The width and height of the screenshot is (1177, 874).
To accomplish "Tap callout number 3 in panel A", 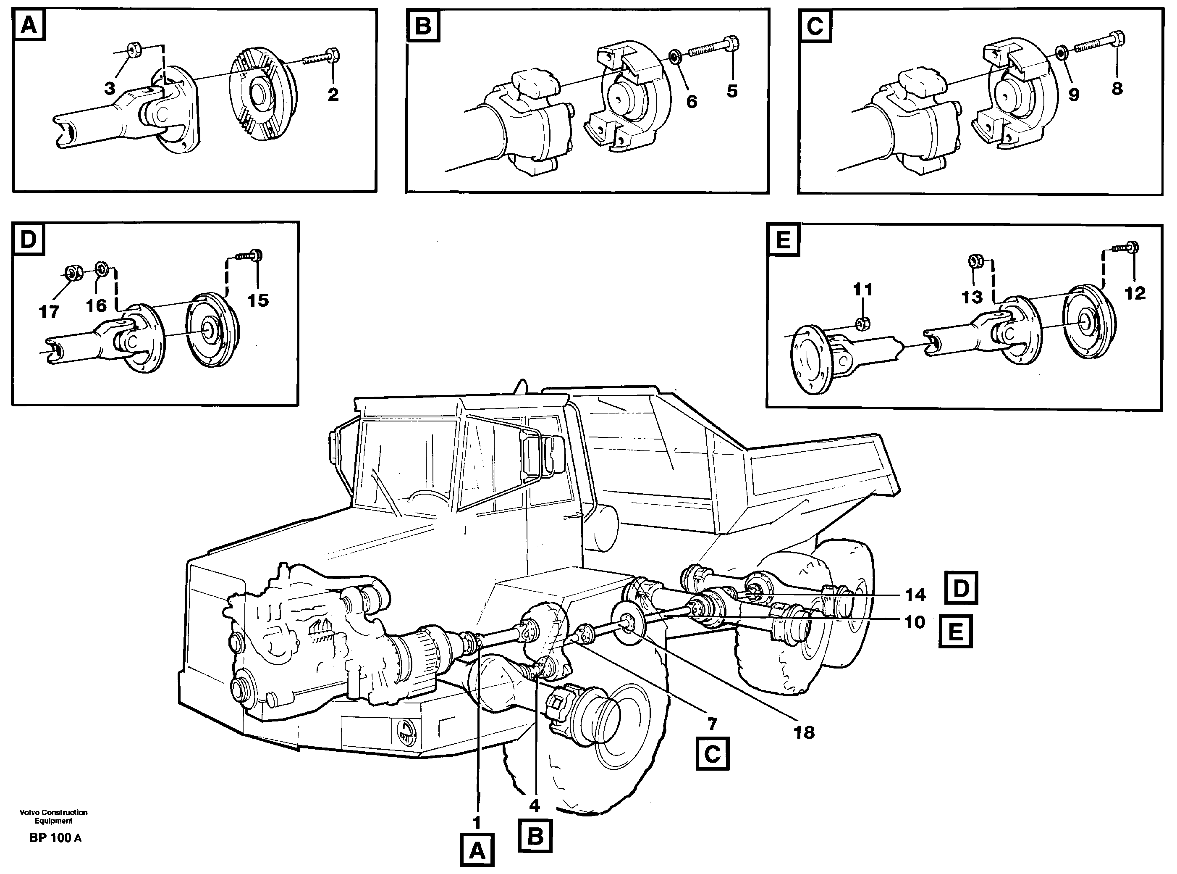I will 110,88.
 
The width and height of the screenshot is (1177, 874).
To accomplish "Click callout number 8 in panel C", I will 1117,88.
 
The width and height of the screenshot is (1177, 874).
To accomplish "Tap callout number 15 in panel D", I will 258,300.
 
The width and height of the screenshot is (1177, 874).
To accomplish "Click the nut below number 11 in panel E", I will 862,323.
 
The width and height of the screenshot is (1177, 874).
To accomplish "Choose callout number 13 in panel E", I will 971,297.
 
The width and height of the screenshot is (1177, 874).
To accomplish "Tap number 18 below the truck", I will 804,733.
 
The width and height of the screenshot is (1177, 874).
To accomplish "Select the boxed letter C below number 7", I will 712,754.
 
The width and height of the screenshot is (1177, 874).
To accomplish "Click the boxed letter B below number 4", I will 535,837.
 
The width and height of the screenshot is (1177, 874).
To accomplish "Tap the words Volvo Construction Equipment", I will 53,816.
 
